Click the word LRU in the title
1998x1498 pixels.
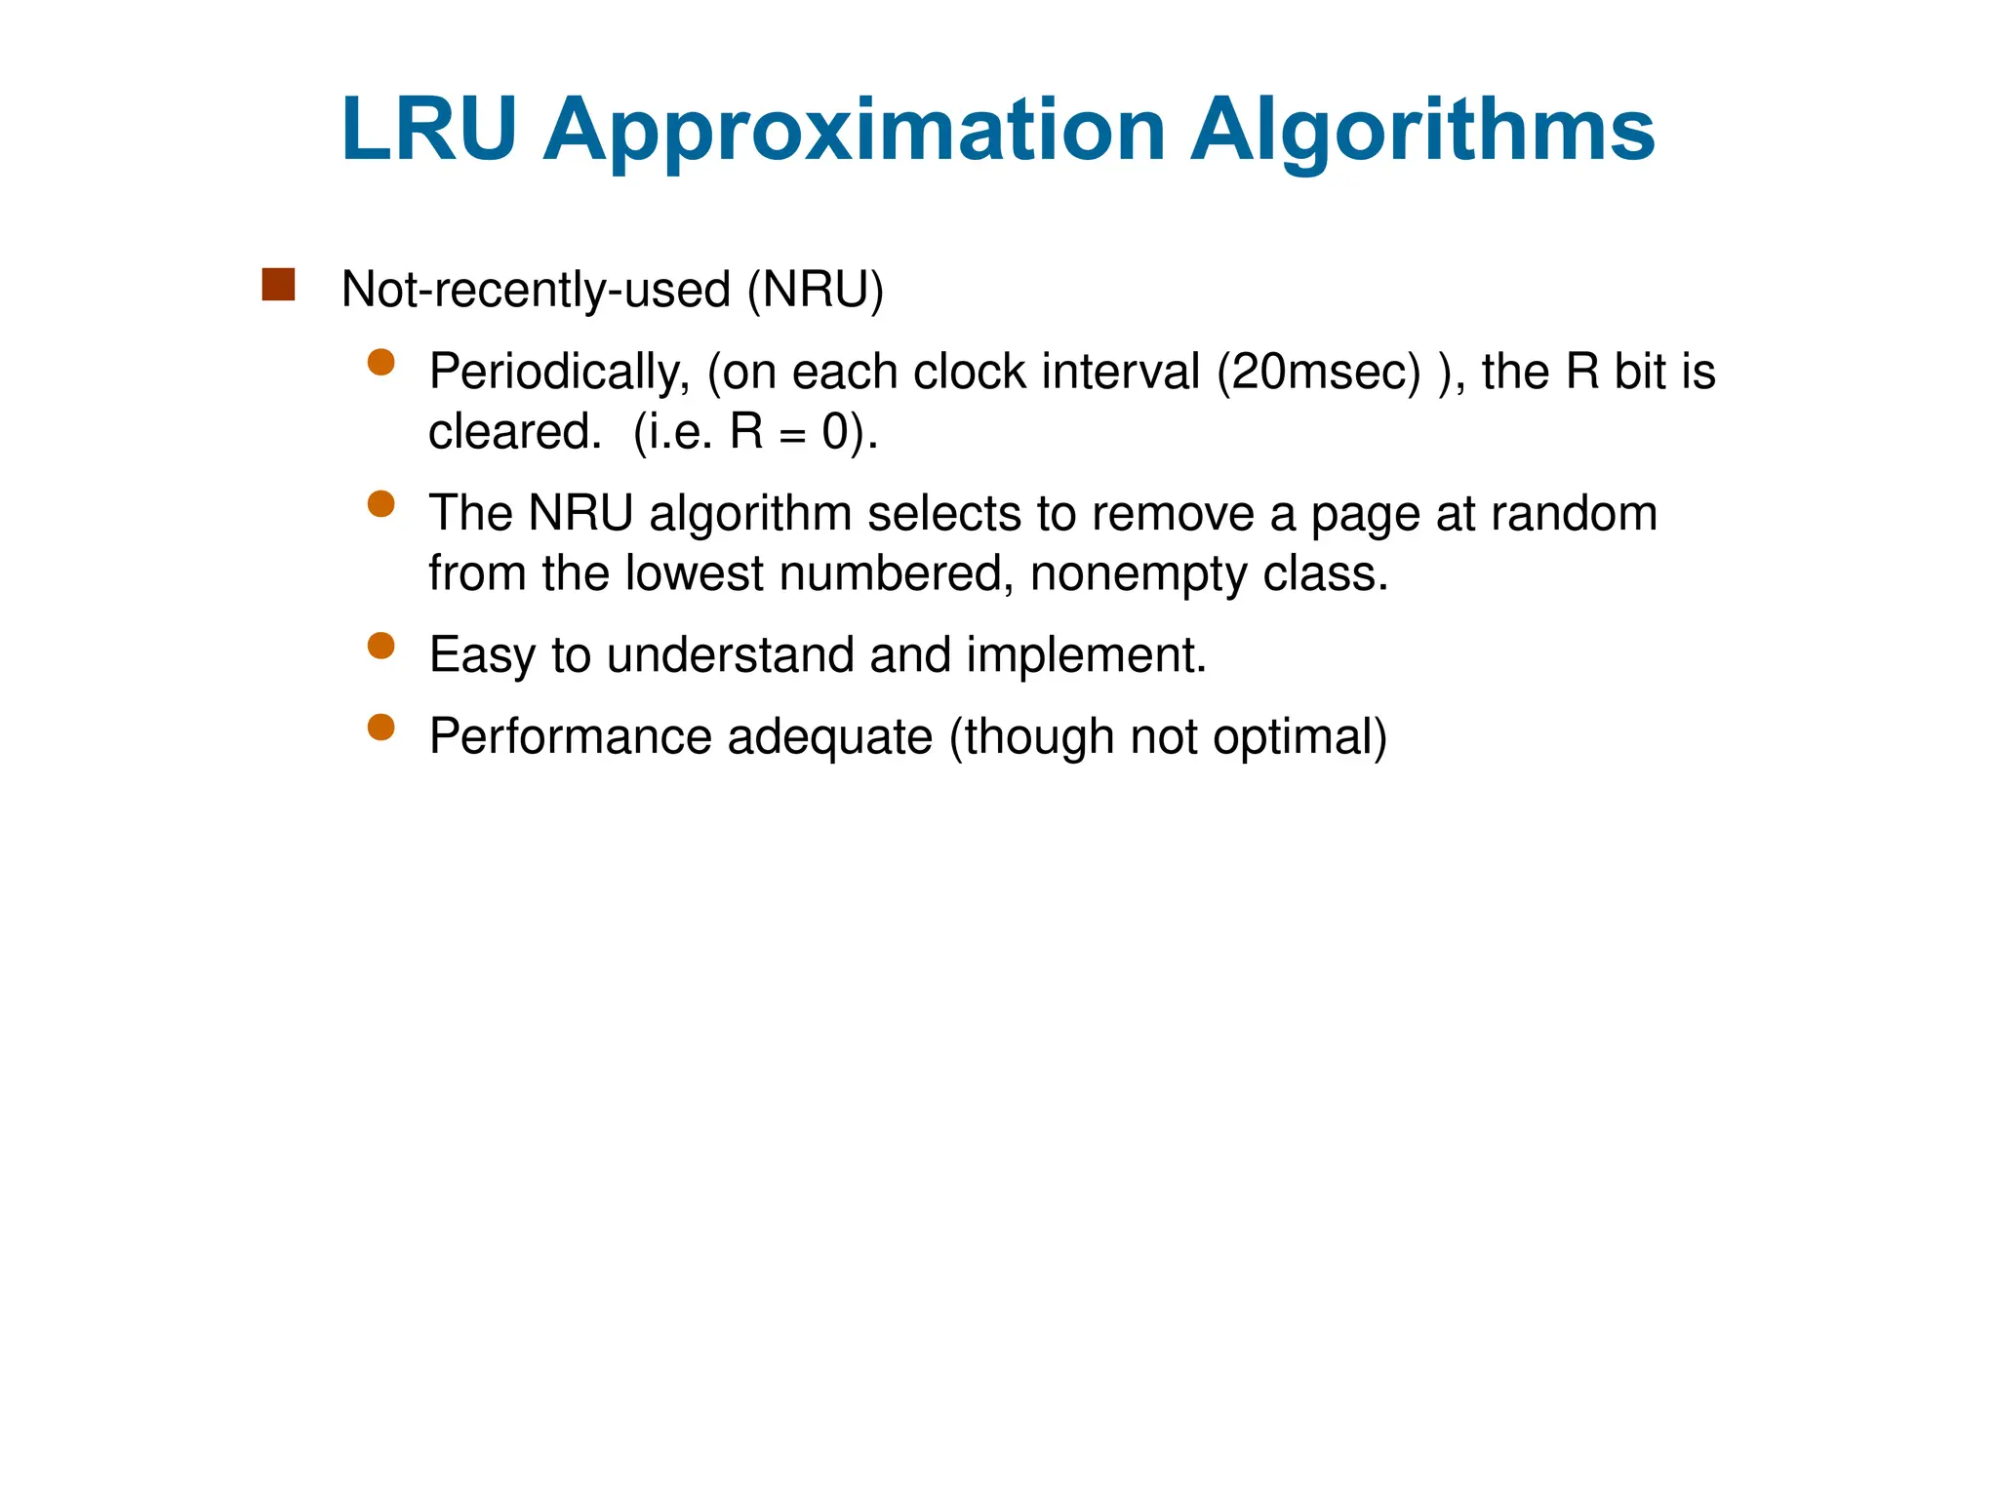pyautogui.click(x=428, y=130)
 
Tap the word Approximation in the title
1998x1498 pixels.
pyautogui.click(x=855, y=132)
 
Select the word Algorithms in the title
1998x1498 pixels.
pyautogui.click(x=1422, y=132)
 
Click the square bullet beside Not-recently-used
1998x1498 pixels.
pyautogui.click(x=278, y=285)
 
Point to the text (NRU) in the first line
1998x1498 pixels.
pyautogui.click(x=816, y=290)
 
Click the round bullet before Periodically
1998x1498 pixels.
pyautogui.click(x=380, y=363)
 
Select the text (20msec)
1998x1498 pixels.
pyautogui.click(x=1319, y=373)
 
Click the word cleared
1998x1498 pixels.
pyautogui.click(x=514, y=431)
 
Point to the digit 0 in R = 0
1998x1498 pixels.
pyautogui.click(x=835, y=431)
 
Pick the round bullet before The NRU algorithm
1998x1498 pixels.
pyautogui.click(x=380, y=504)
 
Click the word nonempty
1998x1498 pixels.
pyautogui.click(x=1139, y=573)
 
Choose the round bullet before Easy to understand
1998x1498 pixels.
pyautogui.click(x=380, y=646)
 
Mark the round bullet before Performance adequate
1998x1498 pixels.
pyautogui.click(x=380, y=728)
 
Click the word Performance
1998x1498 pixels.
pyautogui.click(x=571, y=736)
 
